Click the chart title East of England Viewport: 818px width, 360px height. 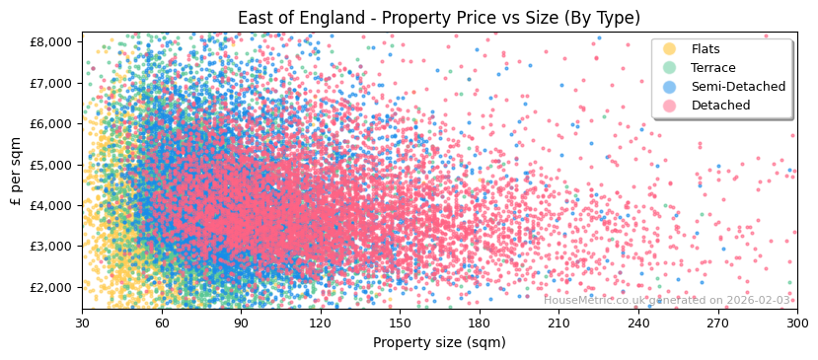click(x=439, y=18)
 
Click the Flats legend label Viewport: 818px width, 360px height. click(x=705, y=49)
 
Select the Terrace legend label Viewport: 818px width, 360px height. click(x=712, y=68)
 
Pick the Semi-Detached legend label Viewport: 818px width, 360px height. click(x=738, y=87)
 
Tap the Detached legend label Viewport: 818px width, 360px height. click(x=720, y=106)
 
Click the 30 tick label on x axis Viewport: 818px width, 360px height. click(x=82, y=323)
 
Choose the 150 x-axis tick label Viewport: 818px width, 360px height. click(x=400, y=323)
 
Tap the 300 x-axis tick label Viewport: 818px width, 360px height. click(x=796, y=323)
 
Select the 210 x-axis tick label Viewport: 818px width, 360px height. click(x=558, y=323)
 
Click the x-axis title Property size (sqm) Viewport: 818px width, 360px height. click(x=439, y=342)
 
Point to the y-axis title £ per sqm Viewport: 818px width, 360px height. click(x=16, y=171)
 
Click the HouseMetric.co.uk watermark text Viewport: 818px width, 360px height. click(x=667, y=300)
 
